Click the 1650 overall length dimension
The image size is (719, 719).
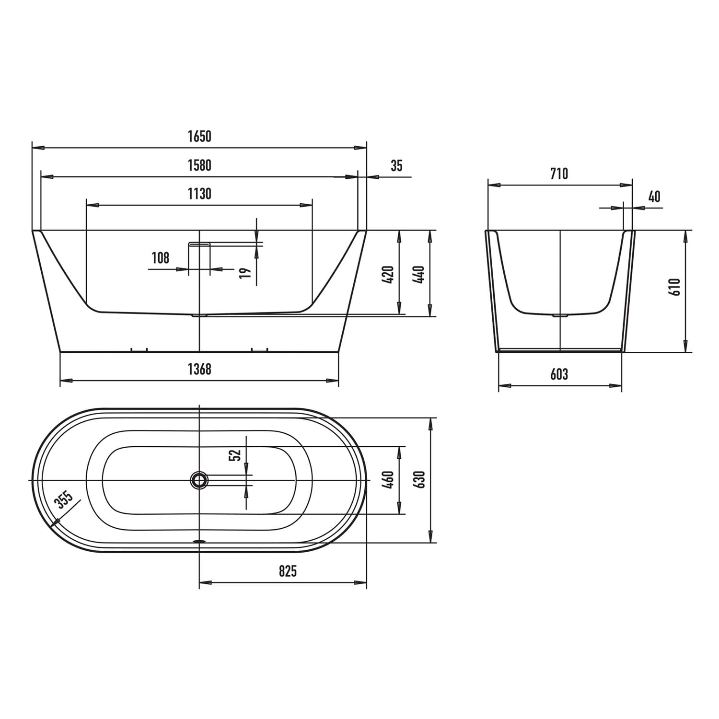coord(199,137)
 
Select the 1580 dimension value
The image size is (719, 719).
coord(199,165)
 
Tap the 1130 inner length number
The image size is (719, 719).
coord(199,194)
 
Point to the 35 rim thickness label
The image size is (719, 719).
coord(396,166)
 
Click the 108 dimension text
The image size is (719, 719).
coord(161,258)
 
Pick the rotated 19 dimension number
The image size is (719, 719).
coord(245,273)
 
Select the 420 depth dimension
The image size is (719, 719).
coord(388,274)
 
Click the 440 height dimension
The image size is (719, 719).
coord(419,274)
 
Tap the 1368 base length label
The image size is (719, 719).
coord(199,369)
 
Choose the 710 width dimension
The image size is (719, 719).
coord(559,173)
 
